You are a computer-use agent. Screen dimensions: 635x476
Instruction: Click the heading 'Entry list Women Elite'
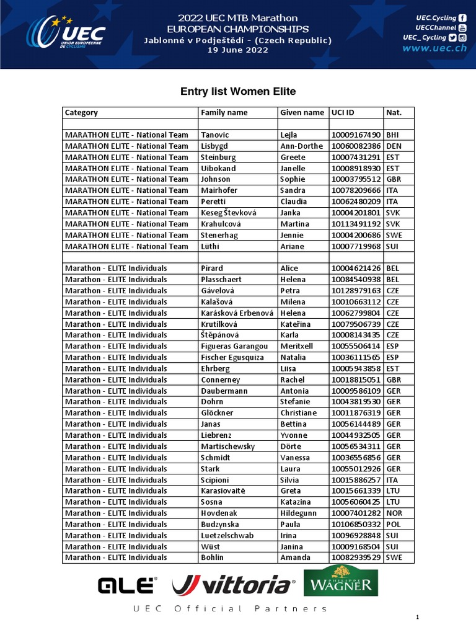click(x=238, y=92)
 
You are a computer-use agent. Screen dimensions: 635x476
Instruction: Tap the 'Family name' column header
click(x=224, y=113)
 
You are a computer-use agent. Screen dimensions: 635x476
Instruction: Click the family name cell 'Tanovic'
click(x=214, y=135)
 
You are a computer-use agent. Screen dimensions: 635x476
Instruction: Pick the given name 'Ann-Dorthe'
click(x=302, y=146)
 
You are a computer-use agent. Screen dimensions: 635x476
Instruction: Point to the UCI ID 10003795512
click(x=356, y=180)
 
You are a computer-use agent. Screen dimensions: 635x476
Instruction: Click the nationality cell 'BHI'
click(x=392, y=135)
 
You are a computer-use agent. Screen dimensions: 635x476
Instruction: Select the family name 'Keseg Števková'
click(x=228, y=213)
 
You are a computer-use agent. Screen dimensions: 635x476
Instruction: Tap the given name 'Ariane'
click(x=292, y=246)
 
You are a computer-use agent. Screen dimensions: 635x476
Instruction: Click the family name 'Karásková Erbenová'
click(x=237, y=313)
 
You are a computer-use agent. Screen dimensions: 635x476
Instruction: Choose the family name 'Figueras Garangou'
click(x=234, y=347)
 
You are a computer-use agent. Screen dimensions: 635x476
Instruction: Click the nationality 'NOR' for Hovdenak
click(x=394, y=513)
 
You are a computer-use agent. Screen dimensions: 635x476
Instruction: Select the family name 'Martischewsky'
click(x=227, y=446)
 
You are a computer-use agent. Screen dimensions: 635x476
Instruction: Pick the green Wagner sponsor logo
click(x=340, y=583)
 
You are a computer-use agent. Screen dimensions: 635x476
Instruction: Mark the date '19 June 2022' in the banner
click(x=238, y=50)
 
